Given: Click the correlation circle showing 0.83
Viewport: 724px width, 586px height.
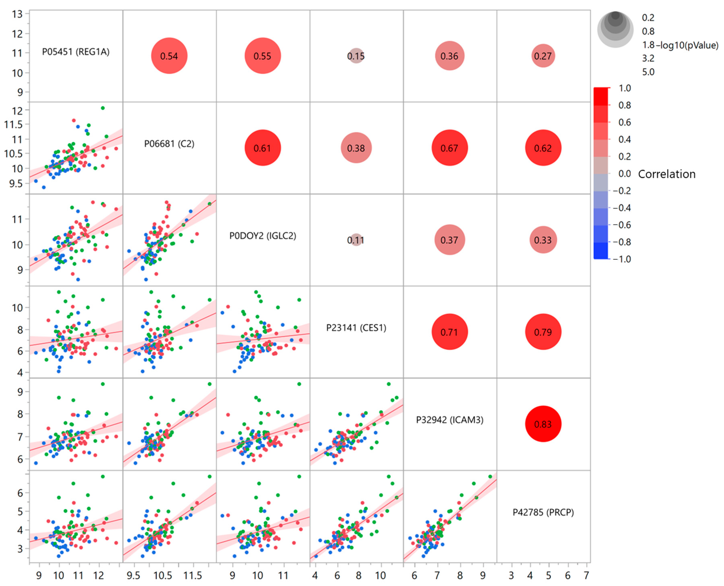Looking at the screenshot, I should (543, 424).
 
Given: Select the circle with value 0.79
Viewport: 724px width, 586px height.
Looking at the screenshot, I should (543, 332).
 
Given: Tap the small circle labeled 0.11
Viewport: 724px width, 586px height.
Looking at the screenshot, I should (356, 240).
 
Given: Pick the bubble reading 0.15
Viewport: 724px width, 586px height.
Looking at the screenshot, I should (356, 56).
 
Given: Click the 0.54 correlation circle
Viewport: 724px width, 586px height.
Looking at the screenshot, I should (169, 56).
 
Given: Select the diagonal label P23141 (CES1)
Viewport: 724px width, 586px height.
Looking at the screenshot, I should (356, 328).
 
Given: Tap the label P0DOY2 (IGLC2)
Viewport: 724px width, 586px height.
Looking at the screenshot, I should (263, 236).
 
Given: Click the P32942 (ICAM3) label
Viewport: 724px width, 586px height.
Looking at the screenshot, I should (450, 420).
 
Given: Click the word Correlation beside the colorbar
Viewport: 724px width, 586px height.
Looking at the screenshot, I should (666, 174).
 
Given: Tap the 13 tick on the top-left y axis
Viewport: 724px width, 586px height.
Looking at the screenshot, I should (17, 14).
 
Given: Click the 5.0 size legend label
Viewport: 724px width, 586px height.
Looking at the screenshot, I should (648, 72).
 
